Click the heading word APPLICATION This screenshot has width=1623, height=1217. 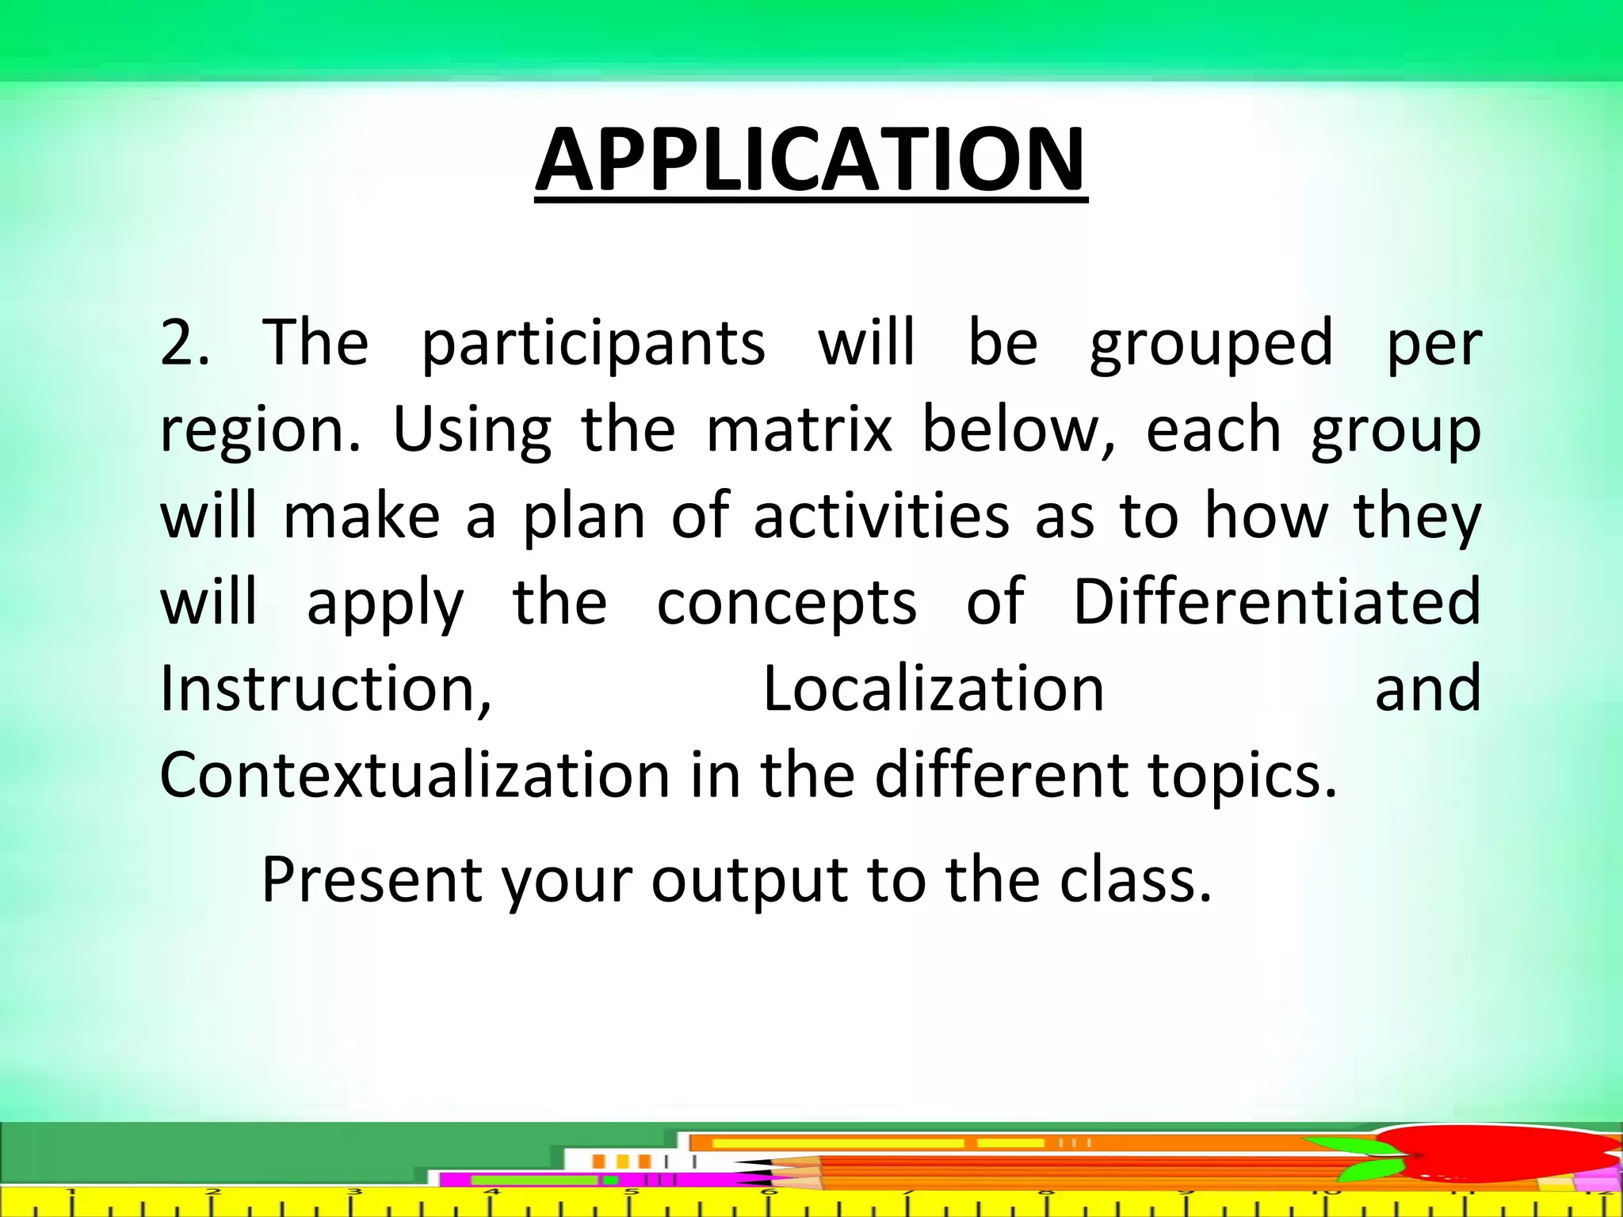(x=811, y=161)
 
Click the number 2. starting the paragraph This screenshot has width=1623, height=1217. (x=185, y=342)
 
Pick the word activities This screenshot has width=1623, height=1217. (x=880, y=516)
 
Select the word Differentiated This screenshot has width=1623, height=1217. (x=1276, y=601)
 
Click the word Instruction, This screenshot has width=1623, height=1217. (x=326, y=688)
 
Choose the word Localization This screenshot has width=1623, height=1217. (x=933, y=688)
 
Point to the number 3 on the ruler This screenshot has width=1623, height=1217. (x=354, y=1192)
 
